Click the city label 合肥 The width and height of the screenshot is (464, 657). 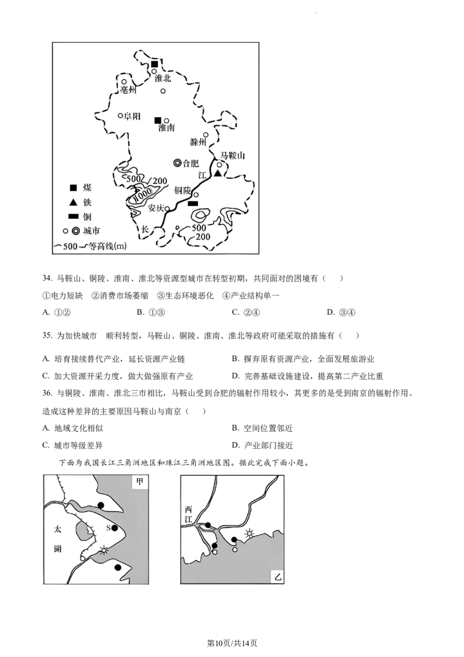[x=191, y=164]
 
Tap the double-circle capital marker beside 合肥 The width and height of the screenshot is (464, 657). [x=177, y=163]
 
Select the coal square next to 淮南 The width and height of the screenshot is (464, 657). [x=157, y=120]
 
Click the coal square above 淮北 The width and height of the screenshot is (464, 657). [x=154, y=64]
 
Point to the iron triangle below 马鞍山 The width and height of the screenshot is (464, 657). [x=217, y=174]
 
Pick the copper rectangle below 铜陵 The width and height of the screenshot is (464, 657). [x=193, y=204]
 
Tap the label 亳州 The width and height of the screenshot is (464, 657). [x=127, y=91]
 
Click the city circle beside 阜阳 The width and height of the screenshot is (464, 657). [x=121, y=115]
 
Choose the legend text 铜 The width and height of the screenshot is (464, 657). [x=87, y=216]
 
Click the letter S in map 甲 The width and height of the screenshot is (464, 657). [x=108, y=528]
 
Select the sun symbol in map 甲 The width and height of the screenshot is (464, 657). [x=103, y=550]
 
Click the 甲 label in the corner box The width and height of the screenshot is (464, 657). [x=140, y=481]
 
